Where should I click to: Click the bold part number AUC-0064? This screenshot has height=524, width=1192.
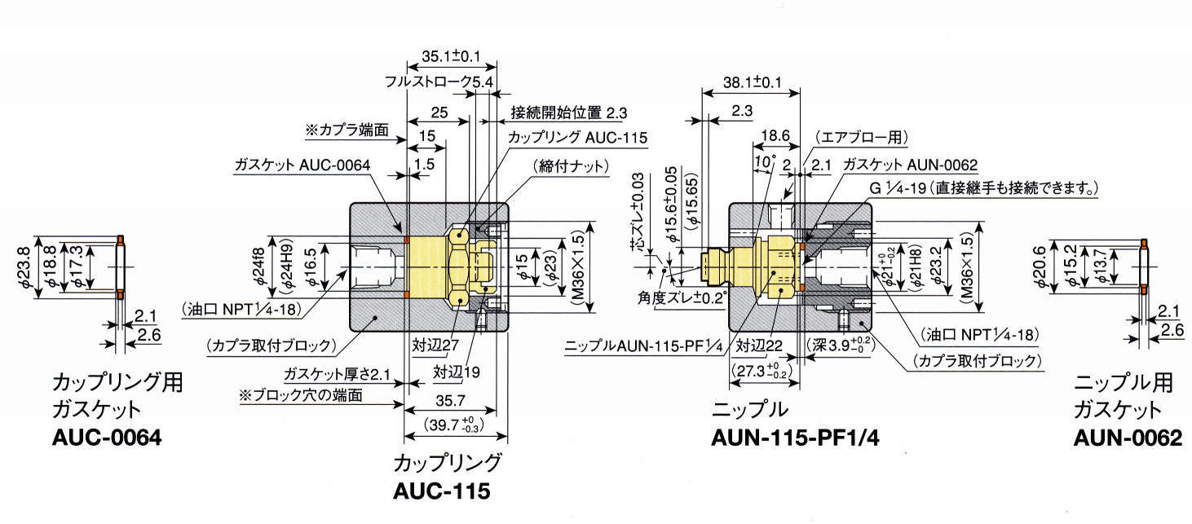click(106, 437)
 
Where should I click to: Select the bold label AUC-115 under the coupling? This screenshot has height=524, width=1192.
click(441, 492)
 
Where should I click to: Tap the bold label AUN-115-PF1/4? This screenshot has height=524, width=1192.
click(797, 438)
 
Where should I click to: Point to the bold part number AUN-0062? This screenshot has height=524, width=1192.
click(1127, 438)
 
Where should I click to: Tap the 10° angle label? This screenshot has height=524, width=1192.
click(765, 161)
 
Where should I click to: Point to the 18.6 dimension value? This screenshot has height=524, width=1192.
click(775, 136)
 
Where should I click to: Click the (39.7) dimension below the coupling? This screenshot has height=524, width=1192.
click(461, 425)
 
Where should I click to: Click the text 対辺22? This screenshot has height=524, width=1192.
click(759, 346)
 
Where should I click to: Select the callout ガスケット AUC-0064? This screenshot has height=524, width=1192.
click(302, 165)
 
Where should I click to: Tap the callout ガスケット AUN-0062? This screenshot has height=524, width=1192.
click(911, 165)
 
